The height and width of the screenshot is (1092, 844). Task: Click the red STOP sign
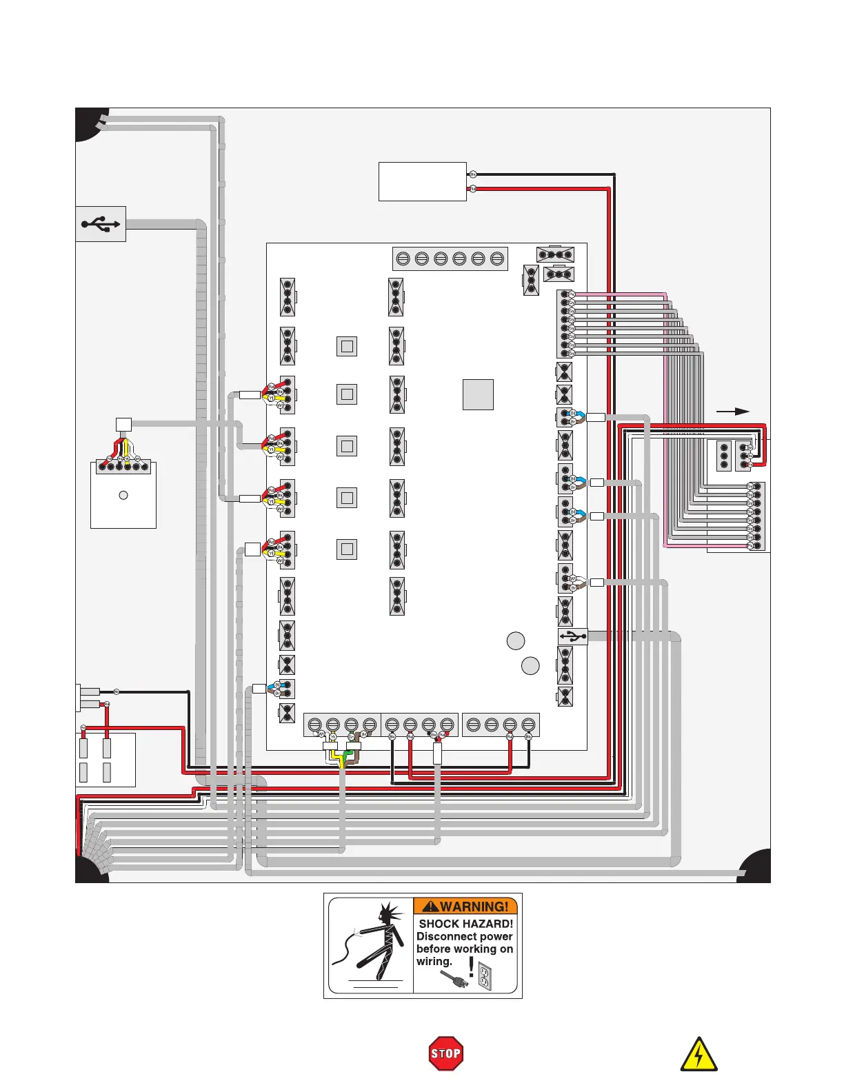point(445,1053)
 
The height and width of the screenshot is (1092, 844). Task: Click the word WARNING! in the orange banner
point(474,907)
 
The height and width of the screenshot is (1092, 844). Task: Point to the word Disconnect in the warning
point(443,936)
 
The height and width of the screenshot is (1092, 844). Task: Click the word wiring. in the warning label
point(434,961)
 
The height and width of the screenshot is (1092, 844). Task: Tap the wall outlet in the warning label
point(485,975)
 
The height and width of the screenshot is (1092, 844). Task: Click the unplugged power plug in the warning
point(453,978)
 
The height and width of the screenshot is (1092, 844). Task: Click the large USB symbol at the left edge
point(101,224)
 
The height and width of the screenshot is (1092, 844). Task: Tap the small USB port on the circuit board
point(572,636)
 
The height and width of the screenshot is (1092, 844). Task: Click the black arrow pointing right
point(732,412)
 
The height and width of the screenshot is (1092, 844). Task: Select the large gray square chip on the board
point(478,394)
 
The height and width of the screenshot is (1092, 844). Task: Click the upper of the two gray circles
point(516,641)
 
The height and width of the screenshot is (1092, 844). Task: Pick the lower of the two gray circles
point(530,666)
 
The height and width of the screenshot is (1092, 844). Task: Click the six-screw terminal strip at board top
point(450,259)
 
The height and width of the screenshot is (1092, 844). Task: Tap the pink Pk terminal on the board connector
point(571,294)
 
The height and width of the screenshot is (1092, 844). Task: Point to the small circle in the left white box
point(123,495)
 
